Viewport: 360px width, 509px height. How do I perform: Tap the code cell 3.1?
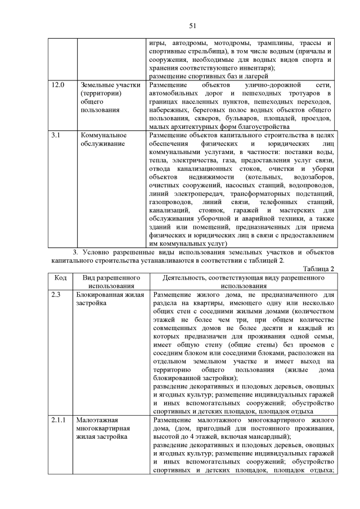click(56, 136)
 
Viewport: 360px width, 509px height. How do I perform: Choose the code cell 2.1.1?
click(58, 420)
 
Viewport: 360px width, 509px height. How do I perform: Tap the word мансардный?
click(266, 437)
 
